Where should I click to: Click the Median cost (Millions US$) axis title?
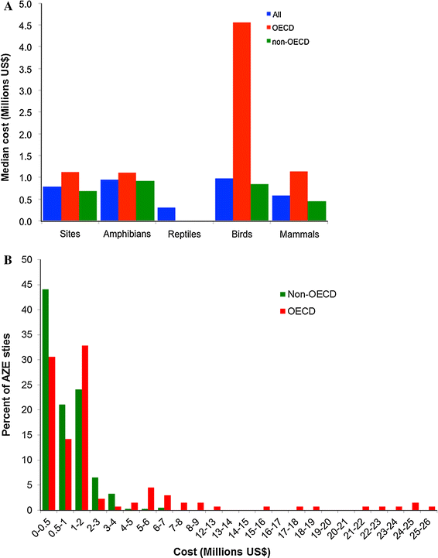(x=9, y=112)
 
